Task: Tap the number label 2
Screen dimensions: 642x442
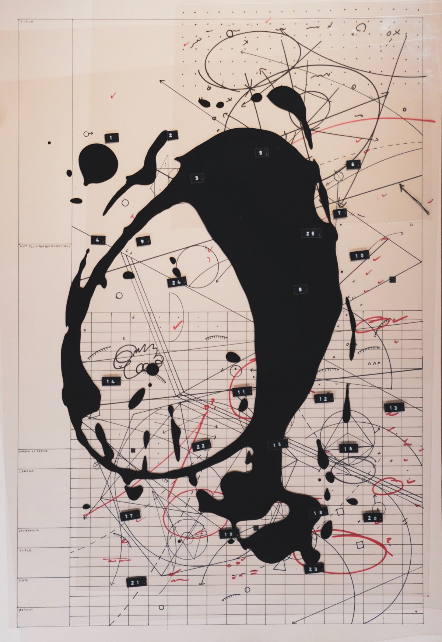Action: [171, 135]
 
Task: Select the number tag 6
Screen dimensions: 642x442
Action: [352, 165]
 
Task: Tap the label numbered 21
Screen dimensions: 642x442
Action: [134, 583]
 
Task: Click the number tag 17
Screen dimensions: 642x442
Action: [129, 516]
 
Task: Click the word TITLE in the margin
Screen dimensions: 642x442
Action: [27, 22]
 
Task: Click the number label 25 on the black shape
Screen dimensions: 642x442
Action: [311, 233]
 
